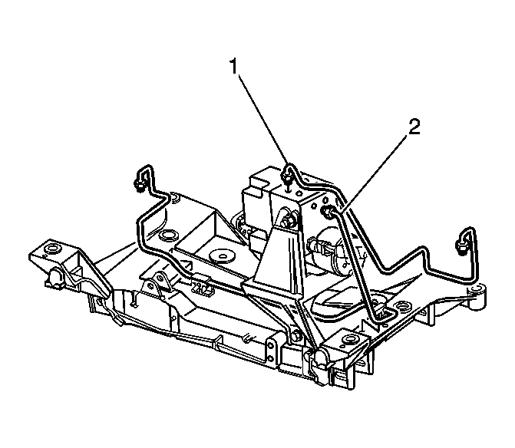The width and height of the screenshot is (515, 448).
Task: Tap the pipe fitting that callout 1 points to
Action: pyautogui.click(x=287, y=171)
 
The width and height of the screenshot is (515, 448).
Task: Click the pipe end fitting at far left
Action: pyautogui.click(x=139, y=182)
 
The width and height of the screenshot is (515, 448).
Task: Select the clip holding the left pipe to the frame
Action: pyautogui.click(x=203, y=285)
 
